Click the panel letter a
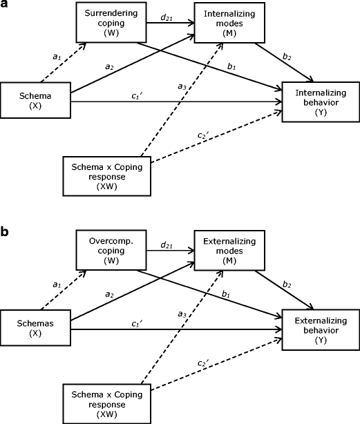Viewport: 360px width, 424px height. pyautogui.click(x=6, y=6)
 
